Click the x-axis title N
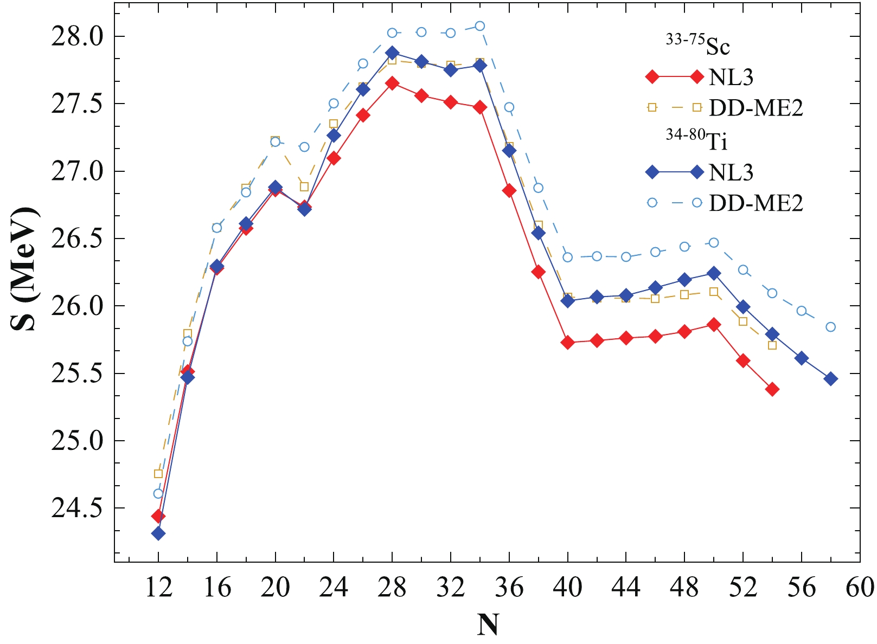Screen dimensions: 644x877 [488, 625]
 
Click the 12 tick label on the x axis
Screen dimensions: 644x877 [158, 587]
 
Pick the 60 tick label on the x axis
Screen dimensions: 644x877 [860, 587]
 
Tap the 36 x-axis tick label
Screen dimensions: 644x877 [509, 587]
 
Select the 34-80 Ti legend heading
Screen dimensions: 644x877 [697, 140]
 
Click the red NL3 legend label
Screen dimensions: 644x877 [731, 78]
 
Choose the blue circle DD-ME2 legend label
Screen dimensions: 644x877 [756, 203]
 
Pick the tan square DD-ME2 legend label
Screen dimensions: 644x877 [756, 108]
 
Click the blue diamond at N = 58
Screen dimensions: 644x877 [831, 379]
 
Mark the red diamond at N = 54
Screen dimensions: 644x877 [772, 389]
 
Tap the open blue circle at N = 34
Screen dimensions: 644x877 [480, 26]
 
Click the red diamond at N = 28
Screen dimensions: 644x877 [392, 83]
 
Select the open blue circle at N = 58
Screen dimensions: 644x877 [831, 327]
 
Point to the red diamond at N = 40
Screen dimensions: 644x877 [568, 343]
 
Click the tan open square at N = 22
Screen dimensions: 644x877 [304, 186]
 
